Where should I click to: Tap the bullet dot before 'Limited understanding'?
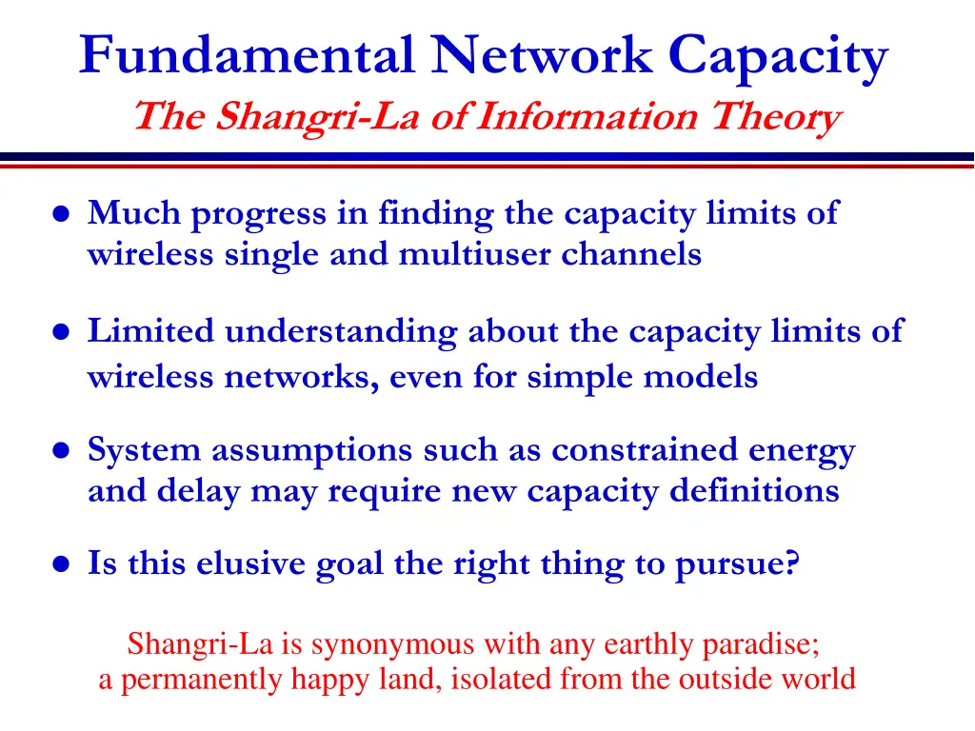point(60,333)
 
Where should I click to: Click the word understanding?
point(343,331)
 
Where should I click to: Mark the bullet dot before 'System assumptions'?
point(60,451)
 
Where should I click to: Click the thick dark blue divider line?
point(487,156)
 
